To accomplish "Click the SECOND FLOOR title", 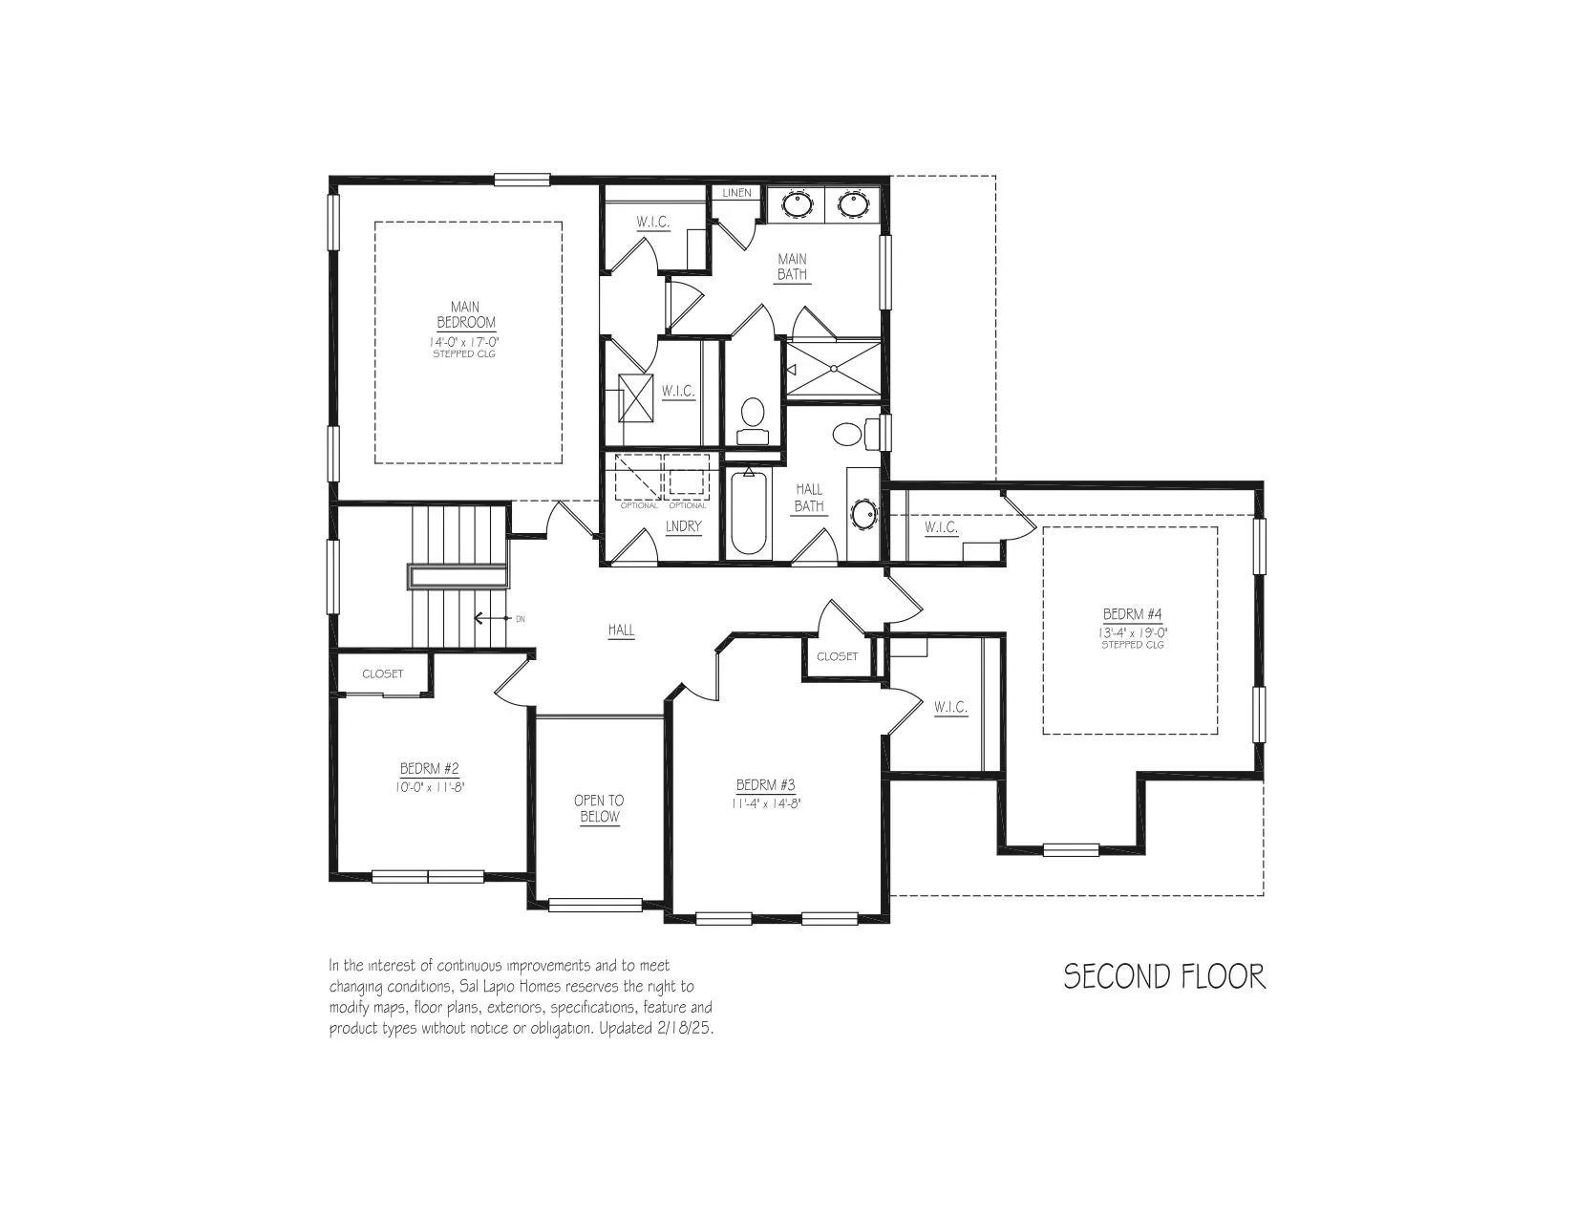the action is pyautogui.click(x=1164, y=976).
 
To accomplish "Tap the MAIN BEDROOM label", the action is pyautogui.click(x=465, y=315).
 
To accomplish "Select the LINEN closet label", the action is pyautogui.click(x=736, y=193).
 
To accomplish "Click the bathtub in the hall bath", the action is pyautogui.click(x=748, y=513).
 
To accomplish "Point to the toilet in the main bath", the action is pyautogui.click(x=753, y=420).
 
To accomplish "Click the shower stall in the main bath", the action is pyautogui.click(x=834, y=370).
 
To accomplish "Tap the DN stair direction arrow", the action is pyautogui.click(x=491, y=619).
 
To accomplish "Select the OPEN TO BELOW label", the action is pyautogui.click(x=599, y=808).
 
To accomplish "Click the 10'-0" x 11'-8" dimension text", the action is pyautogui.click(x=430, y=786).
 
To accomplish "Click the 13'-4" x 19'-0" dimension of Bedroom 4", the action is pyautogui.click(x=1132, y=631).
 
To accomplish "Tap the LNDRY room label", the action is pyautogui.click(x=683, y=526).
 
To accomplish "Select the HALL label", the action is pyautogui.click(x=621, y=630).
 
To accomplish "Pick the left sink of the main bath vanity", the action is pyautogui.click(x=797, y=203).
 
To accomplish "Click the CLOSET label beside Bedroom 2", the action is pyautogui.click(x=382, y=673).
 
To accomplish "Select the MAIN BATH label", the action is pyautogui.click(x=792, y=267).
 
